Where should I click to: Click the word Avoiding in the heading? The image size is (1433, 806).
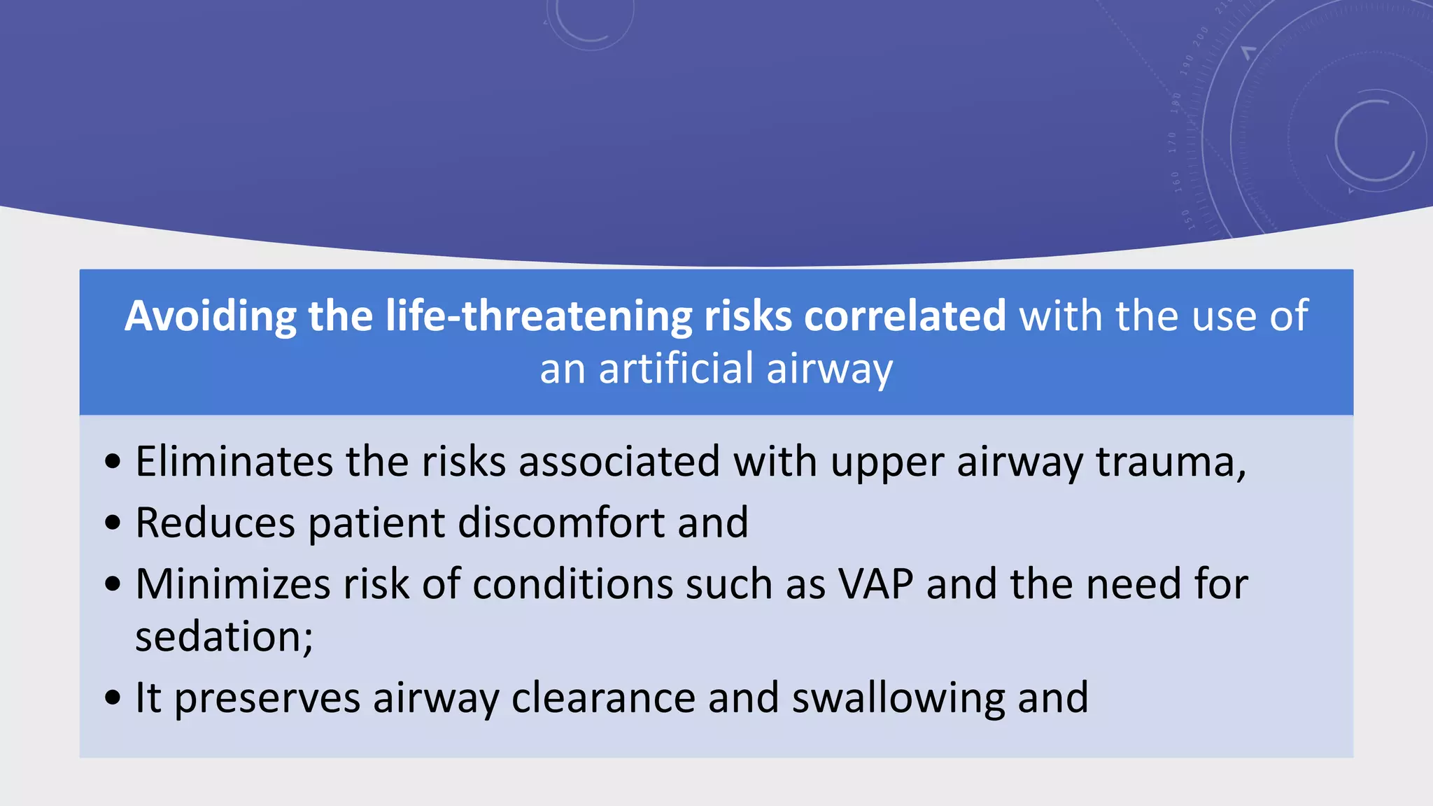coord(210,316)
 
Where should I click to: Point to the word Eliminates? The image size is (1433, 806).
coord(234,462)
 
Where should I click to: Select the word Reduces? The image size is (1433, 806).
coord(215,523)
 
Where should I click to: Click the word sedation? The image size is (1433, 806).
coord(220,637)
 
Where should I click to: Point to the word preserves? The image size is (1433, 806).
coord(267,698)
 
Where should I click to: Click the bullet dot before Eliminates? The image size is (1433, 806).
coord(113,462)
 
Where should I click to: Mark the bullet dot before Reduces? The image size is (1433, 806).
coord(113,523)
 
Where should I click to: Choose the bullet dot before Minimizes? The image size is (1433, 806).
coord(113,585)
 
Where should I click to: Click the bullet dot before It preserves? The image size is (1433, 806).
coord(113,698)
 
